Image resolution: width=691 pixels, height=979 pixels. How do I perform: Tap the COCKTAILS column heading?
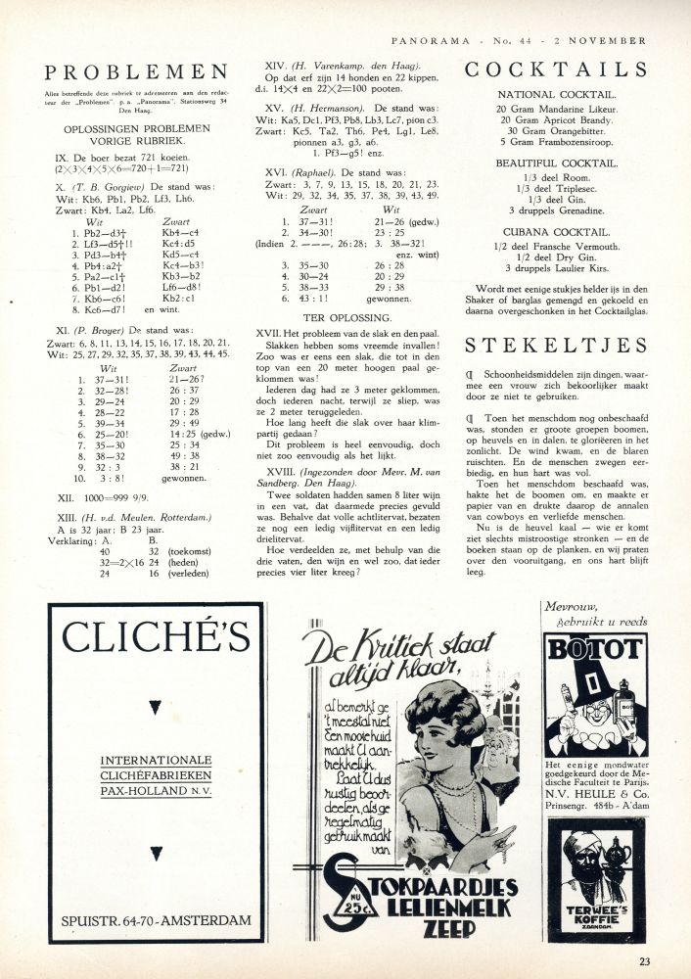(x=555, y=70)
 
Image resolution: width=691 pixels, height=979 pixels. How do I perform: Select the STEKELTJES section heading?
(x=555, y=345)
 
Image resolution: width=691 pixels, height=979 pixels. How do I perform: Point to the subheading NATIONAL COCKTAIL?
(x=555, y=95)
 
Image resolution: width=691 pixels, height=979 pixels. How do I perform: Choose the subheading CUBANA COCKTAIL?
(x=555, y=232)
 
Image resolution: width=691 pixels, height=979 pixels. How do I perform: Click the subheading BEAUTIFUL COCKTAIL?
(x=555, y=163)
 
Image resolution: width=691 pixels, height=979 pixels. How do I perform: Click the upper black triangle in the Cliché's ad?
(x=155, y=708)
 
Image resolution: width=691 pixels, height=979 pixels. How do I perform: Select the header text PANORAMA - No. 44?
(x=460, y=41)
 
